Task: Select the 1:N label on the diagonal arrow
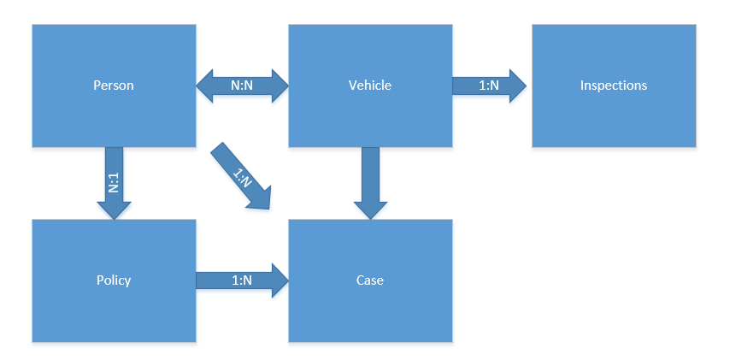click(x=242, y=177)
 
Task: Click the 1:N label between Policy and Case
click(x=242, y=280)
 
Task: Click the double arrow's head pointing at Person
click(x=206, y=86)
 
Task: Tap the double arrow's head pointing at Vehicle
click(x=280, y=86)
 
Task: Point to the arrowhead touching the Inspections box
click(x=517, y=86)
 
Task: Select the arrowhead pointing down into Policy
click(x=114, y=209)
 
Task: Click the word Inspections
click(x=614, y=86)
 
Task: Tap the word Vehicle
click(x=369, y=86)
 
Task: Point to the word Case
click(x=369, y=280)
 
